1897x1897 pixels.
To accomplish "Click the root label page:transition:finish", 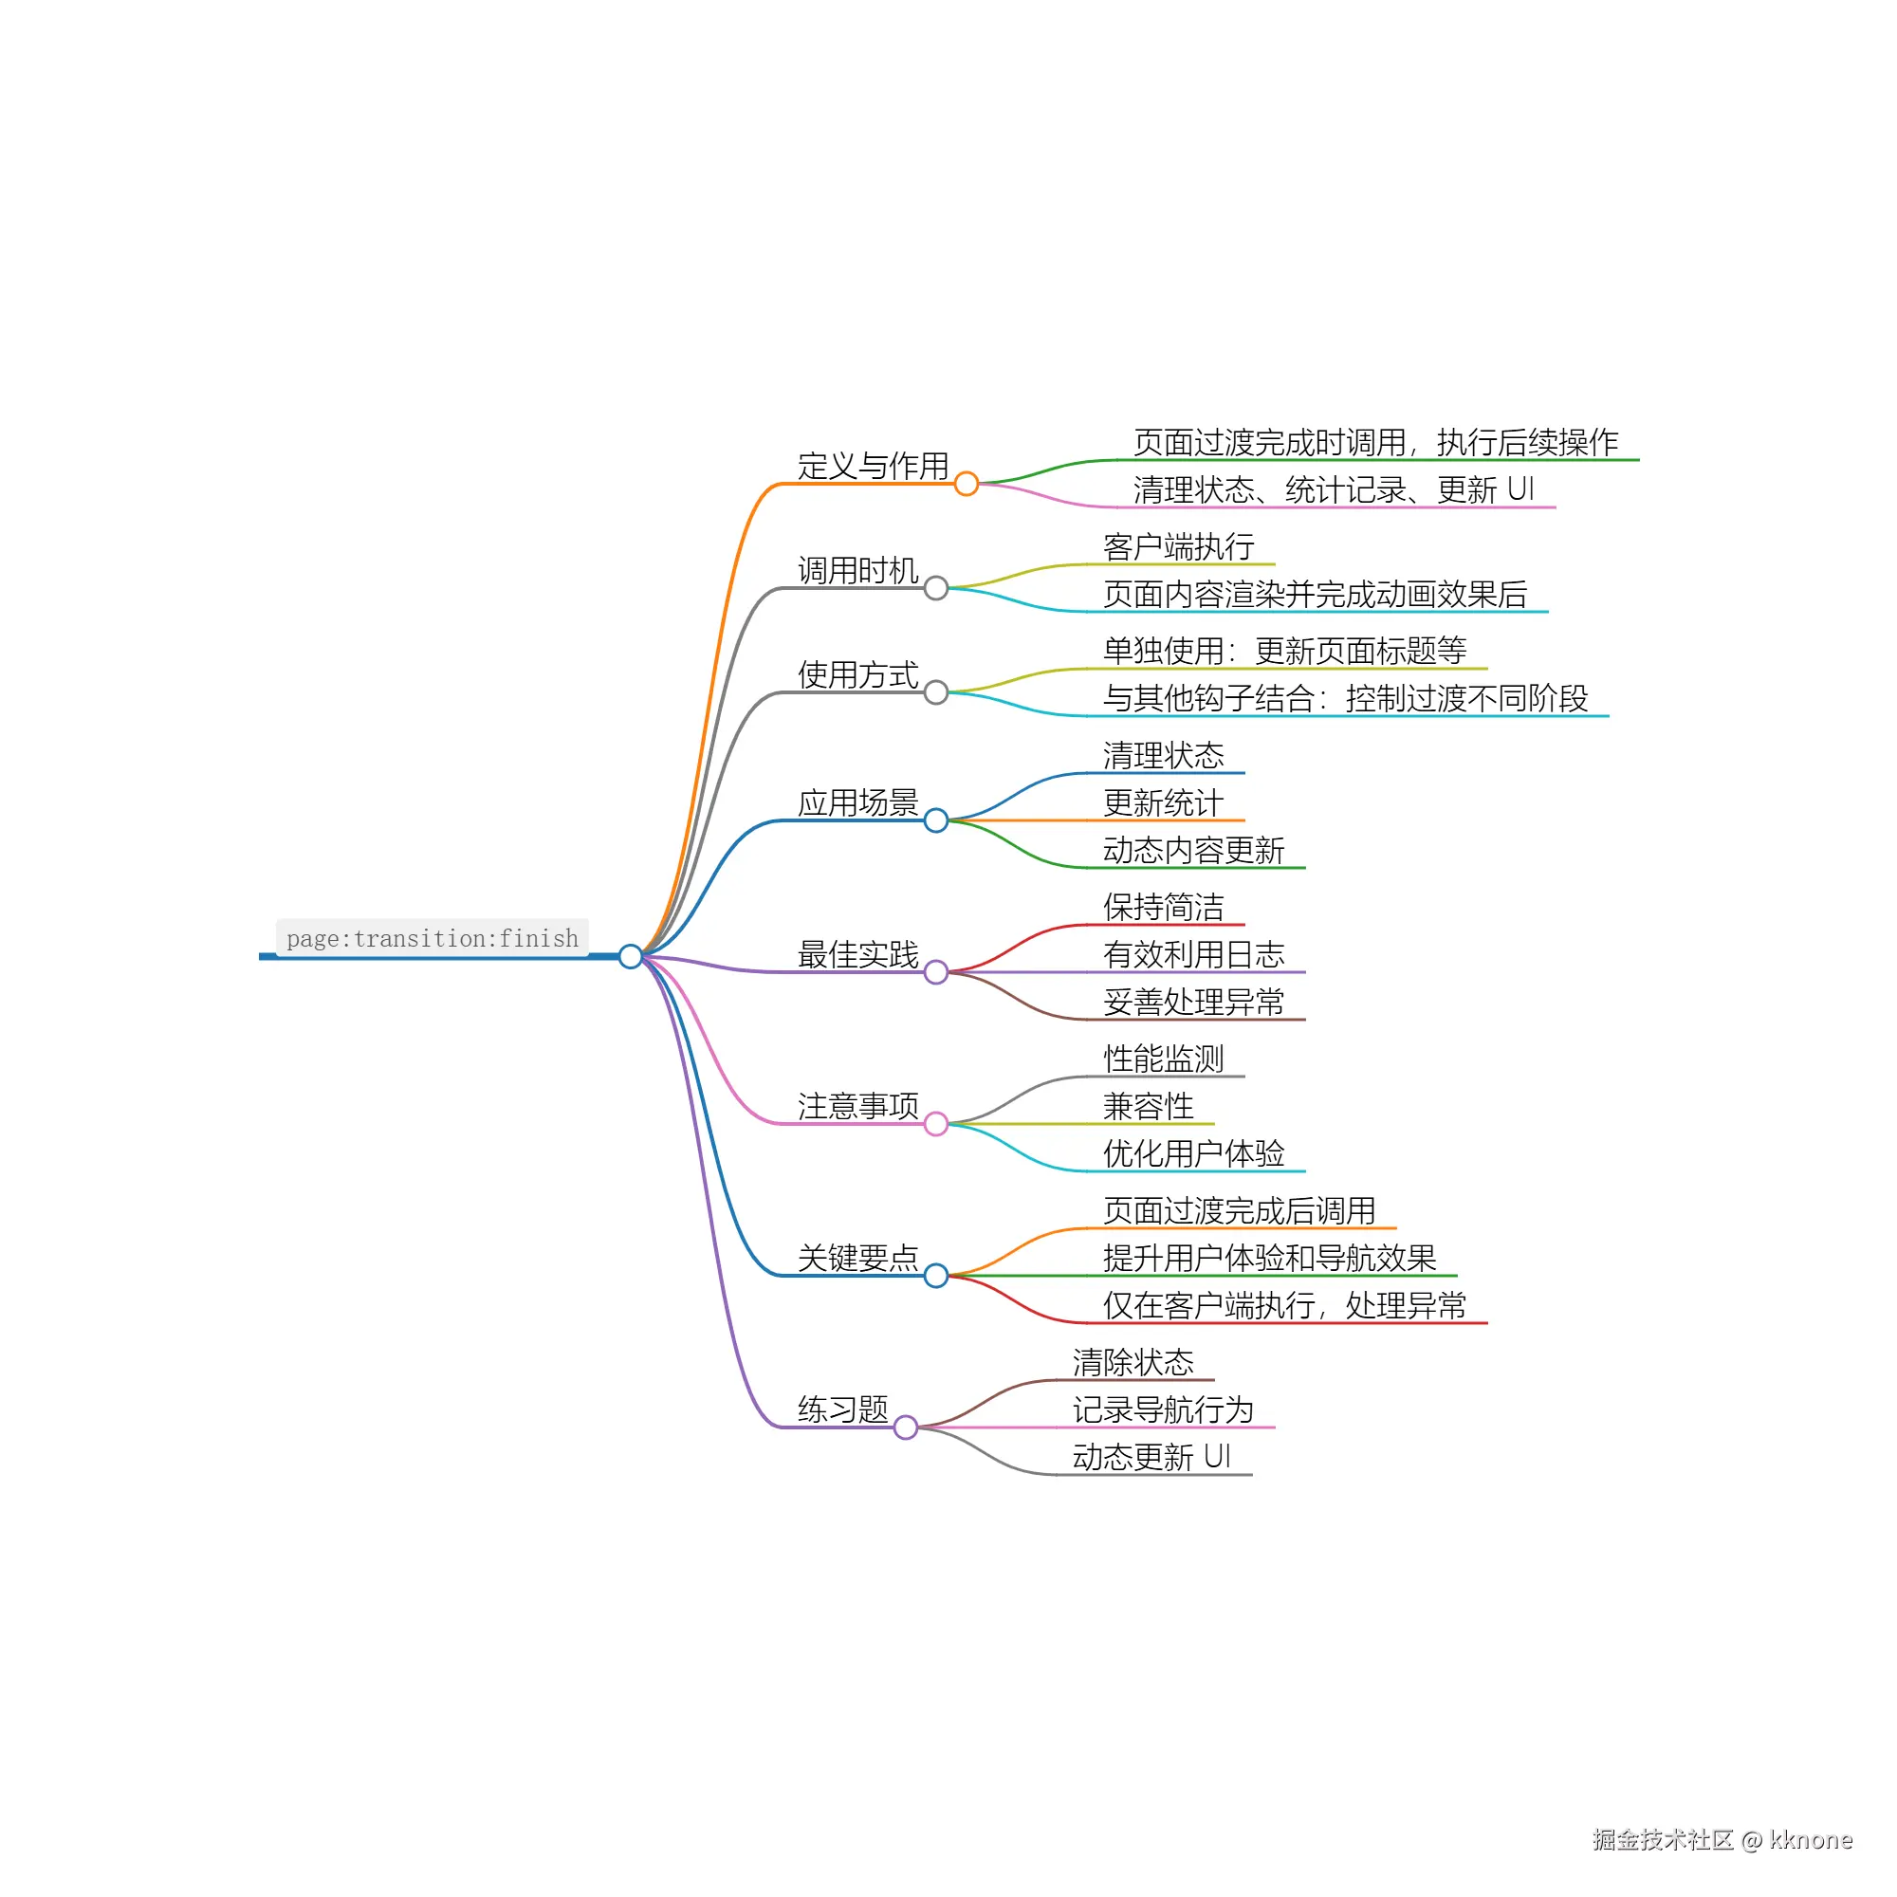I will coord(432,939).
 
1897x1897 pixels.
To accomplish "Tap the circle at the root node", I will coord(631,956).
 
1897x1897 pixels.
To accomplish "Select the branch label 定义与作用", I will coord(872,466).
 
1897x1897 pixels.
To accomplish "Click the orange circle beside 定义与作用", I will coord(967,484).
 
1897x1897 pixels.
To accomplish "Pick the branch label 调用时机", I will coord(857,570).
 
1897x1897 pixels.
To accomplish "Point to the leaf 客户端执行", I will coord(1178,547).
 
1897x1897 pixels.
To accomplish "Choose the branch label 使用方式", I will coord(857,674).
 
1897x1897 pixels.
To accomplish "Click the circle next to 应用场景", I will coord(936,820).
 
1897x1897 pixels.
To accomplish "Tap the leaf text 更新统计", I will coord(1164,803).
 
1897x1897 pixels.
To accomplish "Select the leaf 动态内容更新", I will coord(1194,850).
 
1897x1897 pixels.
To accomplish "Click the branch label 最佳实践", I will coord(857,954).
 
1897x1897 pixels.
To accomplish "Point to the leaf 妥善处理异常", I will coord(1194,1002).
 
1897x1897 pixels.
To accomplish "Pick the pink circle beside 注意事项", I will coord(936,1124).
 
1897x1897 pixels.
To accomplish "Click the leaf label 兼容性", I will coord(1148,1107).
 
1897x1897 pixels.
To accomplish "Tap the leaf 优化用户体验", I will coord(1194,1153).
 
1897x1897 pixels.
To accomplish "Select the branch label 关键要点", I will coord(857,1258).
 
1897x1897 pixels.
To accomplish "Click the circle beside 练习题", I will coord(905,1427).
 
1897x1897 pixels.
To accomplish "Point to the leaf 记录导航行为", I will coord(1164,1410).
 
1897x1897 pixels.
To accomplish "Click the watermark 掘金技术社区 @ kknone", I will coord(1722,1840).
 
